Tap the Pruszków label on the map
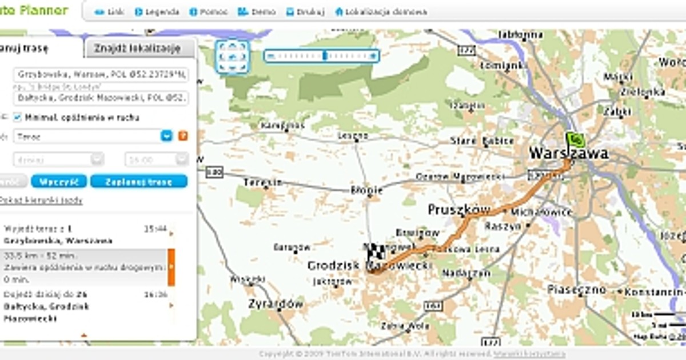459,210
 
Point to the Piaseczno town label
577,290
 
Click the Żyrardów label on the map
276,304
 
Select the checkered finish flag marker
375,252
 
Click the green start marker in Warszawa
575,139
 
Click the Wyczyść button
59,182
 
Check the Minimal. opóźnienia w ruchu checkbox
17,118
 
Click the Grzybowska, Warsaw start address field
101,74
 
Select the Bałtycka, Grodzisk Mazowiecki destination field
101,98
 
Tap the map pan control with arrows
232,57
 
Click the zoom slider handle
325,56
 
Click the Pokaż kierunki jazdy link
41,201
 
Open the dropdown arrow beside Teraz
166,137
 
